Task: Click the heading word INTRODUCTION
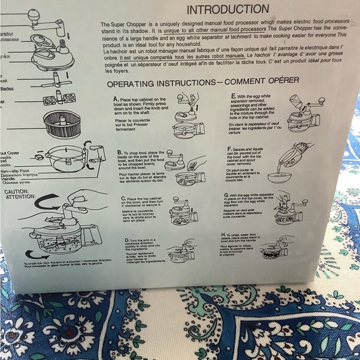click(x=228, y=9)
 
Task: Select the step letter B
click(x=119, y=152)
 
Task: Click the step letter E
click(x=232, y=96)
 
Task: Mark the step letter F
click(x=230, y=149)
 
